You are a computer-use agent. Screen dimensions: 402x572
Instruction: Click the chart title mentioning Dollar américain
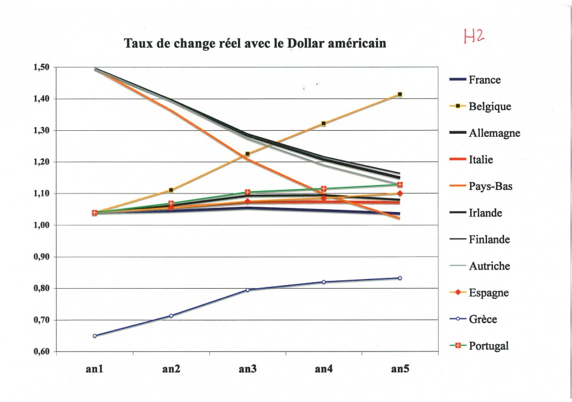point(254,44)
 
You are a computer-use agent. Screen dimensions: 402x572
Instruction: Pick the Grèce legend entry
point(483,319)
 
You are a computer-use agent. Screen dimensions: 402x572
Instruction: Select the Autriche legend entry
point(489,266)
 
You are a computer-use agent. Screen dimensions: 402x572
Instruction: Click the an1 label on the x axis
point(95,369)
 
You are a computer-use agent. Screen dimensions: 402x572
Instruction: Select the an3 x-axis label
point(248,369)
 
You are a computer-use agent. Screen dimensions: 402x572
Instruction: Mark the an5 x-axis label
point(400,369)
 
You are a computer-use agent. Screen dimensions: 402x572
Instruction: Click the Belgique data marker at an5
point(400,94)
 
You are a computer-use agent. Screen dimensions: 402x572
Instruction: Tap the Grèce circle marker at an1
point(95,336)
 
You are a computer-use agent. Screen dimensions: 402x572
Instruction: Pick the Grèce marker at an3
point(248,290)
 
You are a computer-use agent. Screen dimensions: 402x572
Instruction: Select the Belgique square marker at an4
point(324,124)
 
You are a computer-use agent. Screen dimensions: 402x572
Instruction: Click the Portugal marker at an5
point(400,185)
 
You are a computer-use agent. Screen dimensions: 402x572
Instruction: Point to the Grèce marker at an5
point(400,278)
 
